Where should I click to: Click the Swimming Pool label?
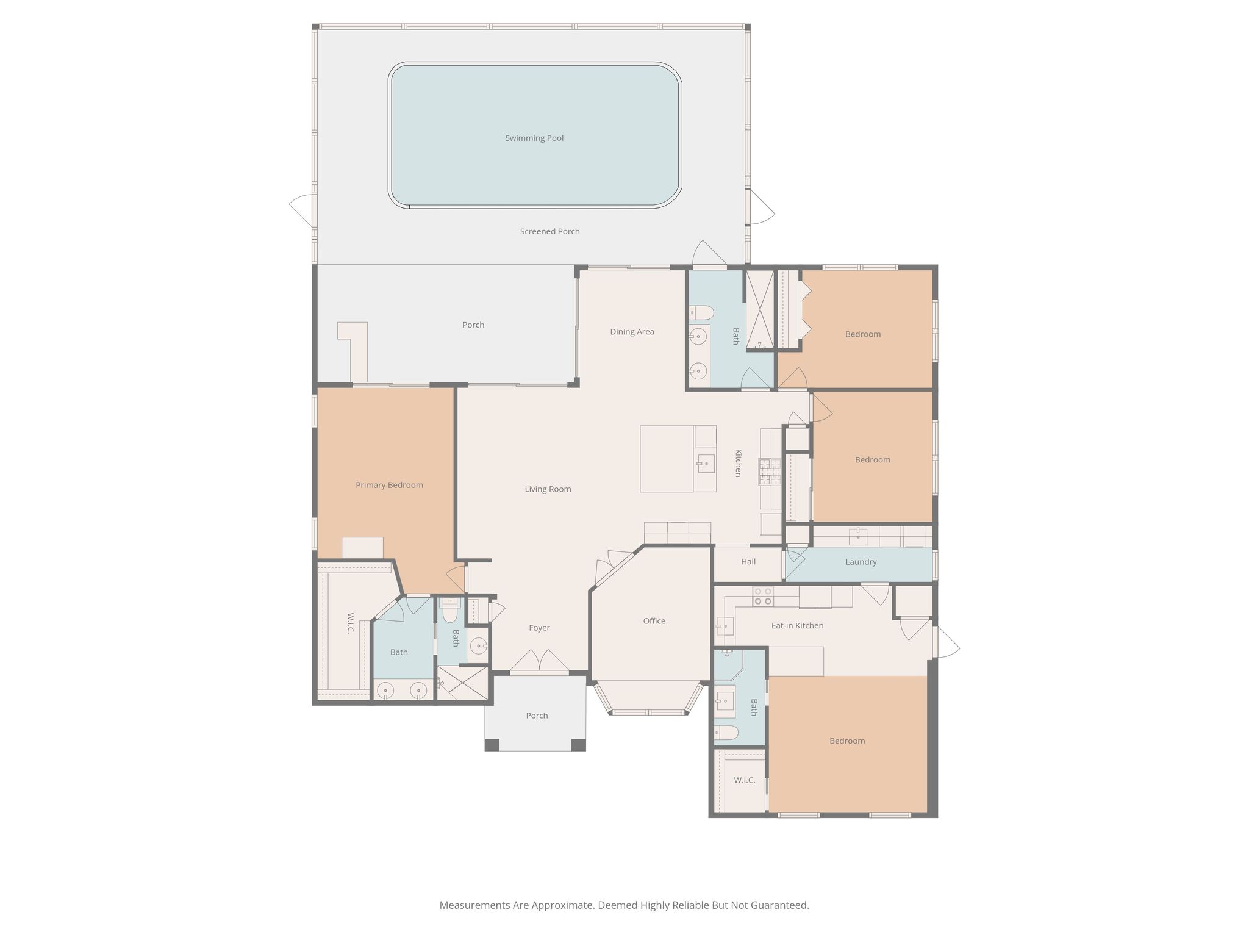[x=534, y=138]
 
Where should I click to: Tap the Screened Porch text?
[x=549, y=232]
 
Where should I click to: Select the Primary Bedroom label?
[x=389, y=486]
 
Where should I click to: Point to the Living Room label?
[x=548, y=489]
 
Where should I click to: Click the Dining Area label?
[x=632, y=332]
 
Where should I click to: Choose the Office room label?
[x=654, y=621]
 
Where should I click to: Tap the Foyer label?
[x=539, y=628]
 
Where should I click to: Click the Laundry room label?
[x=861, y=562]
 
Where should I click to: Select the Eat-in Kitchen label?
[x=797, y=626]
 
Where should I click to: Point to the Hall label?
[x=748, y=562]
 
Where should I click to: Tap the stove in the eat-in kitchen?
[x=762, y=596]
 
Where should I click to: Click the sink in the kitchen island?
[x=706, y=464]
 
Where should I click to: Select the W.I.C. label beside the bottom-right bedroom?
[x=744, y=780]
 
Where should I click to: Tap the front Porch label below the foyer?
[x=537, y=716]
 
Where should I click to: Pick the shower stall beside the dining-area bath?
[x=759, y=311]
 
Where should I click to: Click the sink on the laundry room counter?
[x=858, y=536]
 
